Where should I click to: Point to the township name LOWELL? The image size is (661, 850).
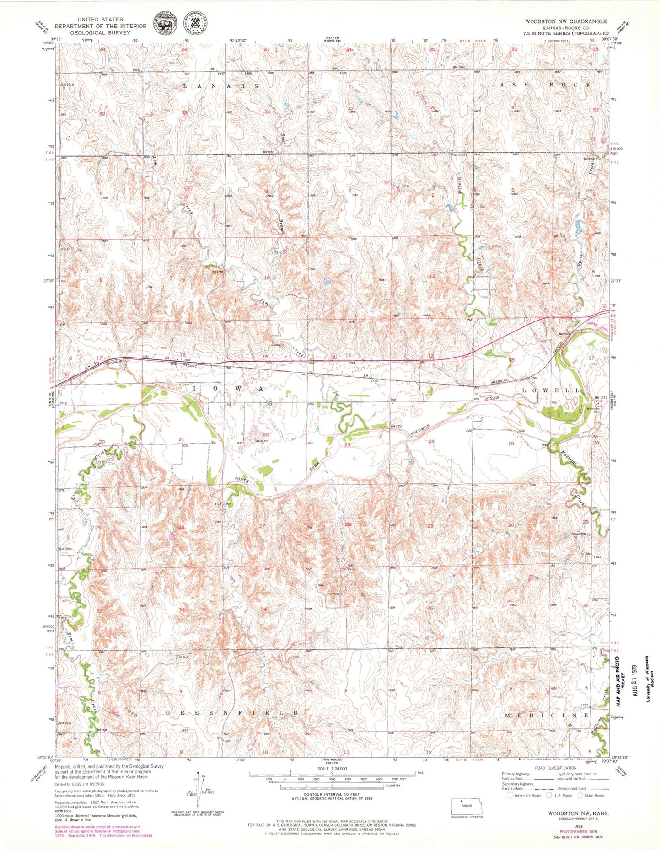pyautogui.click(x=551, y=390)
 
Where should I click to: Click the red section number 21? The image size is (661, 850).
pyautogui.click(x=181, y=439)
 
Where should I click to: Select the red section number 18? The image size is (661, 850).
pyautogui.click(x=512, y=361)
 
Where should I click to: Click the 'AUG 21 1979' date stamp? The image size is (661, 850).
pyautogui.click(x=634, y=680)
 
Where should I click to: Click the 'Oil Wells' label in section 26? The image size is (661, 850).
pyautogui.click(x=349, y=569)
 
